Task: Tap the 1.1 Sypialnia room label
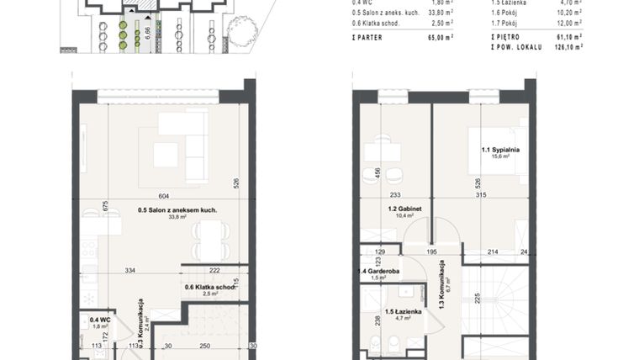click(501, 150)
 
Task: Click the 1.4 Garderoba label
click(378, 272)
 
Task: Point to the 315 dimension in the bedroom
click(481, 195)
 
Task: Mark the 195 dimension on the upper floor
click(430, 251)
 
